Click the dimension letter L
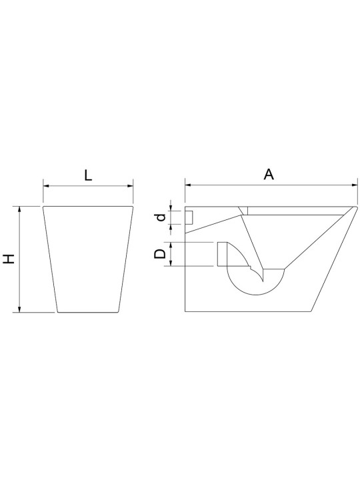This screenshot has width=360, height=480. point(88,175)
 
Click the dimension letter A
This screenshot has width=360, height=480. point(269,175)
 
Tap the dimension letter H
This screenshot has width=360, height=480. point(9,259)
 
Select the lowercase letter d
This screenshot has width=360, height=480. point(161,217)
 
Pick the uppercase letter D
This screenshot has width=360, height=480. point(160,254)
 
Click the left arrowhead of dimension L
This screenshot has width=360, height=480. point(46,185)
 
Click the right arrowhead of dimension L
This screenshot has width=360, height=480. point(131,185)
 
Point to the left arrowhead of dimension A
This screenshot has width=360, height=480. point(188,185)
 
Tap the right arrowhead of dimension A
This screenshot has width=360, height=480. point(355,185)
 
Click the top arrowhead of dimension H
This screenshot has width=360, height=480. point(20,209)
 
